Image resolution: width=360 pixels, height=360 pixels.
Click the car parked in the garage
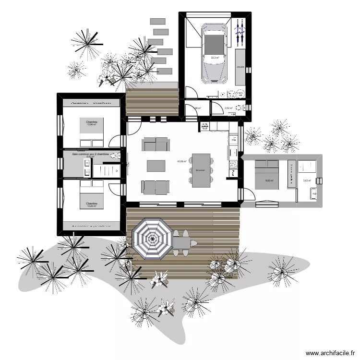[x=215, y=53]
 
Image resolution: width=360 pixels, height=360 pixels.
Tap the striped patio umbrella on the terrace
[x=152, y=239]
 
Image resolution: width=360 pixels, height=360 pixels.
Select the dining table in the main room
[x=201, y=169]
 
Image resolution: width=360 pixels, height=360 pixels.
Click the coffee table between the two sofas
[x=156, y=166]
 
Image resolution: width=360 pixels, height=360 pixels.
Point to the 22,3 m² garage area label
[x=215, y=58]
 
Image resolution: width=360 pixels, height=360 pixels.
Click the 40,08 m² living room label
[x=181, y=161]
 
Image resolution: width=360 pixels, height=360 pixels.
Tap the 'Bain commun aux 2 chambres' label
[x=91, y=154]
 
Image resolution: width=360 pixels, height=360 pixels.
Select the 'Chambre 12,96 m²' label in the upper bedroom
[x=92, y=123]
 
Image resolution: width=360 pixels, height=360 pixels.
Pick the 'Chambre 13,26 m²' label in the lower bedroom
[x=92, y=205]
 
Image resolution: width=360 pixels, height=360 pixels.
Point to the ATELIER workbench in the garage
[x=240, y=72]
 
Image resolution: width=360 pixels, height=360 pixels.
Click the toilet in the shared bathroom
[x=114, y=155]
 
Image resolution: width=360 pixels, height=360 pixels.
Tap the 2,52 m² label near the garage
[x=228, y=108]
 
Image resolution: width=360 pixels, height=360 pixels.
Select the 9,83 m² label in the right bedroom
[x=269, y=181]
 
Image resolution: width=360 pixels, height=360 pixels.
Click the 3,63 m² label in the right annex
[x=307, y=181]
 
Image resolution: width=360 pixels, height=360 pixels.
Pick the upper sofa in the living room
[x=156, y=144]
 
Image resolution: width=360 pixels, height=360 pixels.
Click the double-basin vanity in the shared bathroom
[x=87, y=168]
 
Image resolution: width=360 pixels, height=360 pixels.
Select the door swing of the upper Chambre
[x=115, y=141]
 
